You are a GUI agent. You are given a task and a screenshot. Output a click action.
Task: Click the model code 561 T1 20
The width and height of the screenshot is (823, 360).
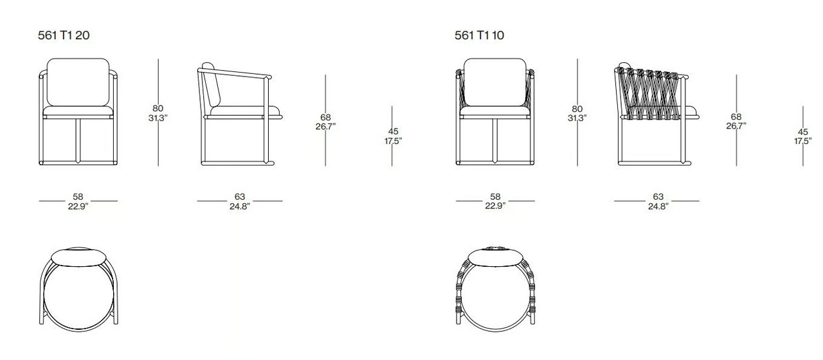pos(64,35)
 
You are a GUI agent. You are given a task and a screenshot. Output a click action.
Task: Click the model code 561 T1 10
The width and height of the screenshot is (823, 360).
pos(479,35)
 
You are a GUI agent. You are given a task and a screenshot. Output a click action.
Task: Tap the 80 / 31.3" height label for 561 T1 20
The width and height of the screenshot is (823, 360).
pos(158,113)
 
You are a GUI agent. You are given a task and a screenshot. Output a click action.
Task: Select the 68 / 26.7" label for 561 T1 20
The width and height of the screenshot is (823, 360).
pos(325,122)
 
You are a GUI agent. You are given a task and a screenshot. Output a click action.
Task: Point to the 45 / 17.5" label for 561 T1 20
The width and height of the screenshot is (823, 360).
pos(393,136)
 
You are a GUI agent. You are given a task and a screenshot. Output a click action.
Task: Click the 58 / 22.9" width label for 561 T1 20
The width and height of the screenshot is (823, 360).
pos(78,202)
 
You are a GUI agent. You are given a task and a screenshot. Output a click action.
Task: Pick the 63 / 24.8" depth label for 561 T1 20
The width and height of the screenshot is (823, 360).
pos(240,202)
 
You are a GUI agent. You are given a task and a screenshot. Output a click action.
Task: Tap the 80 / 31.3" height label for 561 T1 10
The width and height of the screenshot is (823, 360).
pos(577,113)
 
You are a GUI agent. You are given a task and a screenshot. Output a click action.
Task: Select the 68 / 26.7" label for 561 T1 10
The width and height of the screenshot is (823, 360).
pos(736,122)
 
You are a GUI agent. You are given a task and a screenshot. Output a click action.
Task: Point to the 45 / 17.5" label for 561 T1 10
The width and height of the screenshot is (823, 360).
pos(803,136)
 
